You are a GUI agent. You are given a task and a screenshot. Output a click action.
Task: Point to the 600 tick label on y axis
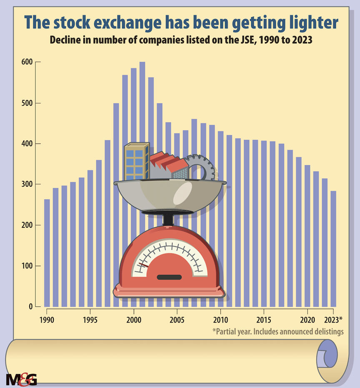point(27,62)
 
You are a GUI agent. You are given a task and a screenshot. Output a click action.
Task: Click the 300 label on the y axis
point(27,184)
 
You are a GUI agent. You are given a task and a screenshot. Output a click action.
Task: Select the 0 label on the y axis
point(30,307)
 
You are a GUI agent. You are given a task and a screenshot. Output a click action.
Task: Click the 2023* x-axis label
point(333,320)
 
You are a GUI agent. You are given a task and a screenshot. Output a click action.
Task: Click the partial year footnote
point(277,332)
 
